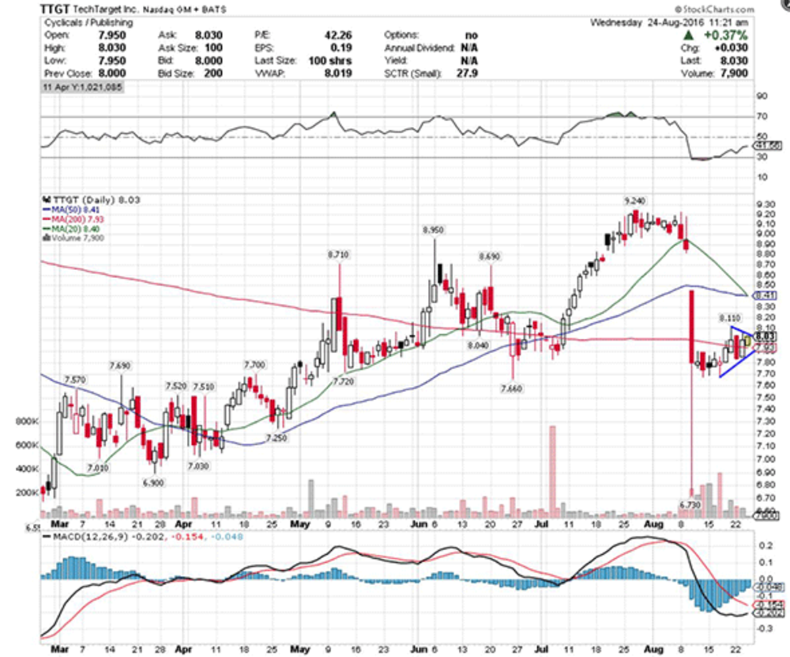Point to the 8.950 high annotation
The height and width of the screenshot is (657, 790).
click(434, 229)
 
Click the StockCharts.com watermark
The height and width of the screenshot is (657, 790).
click(718, 10)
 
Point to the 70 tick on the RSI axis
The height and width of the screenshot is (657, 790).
click(762, 117)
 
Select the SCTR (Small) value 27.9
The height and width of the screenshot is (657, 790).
click(469, 73)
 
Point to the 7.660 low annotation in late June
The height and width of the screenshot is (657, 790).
click(511, 388)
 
